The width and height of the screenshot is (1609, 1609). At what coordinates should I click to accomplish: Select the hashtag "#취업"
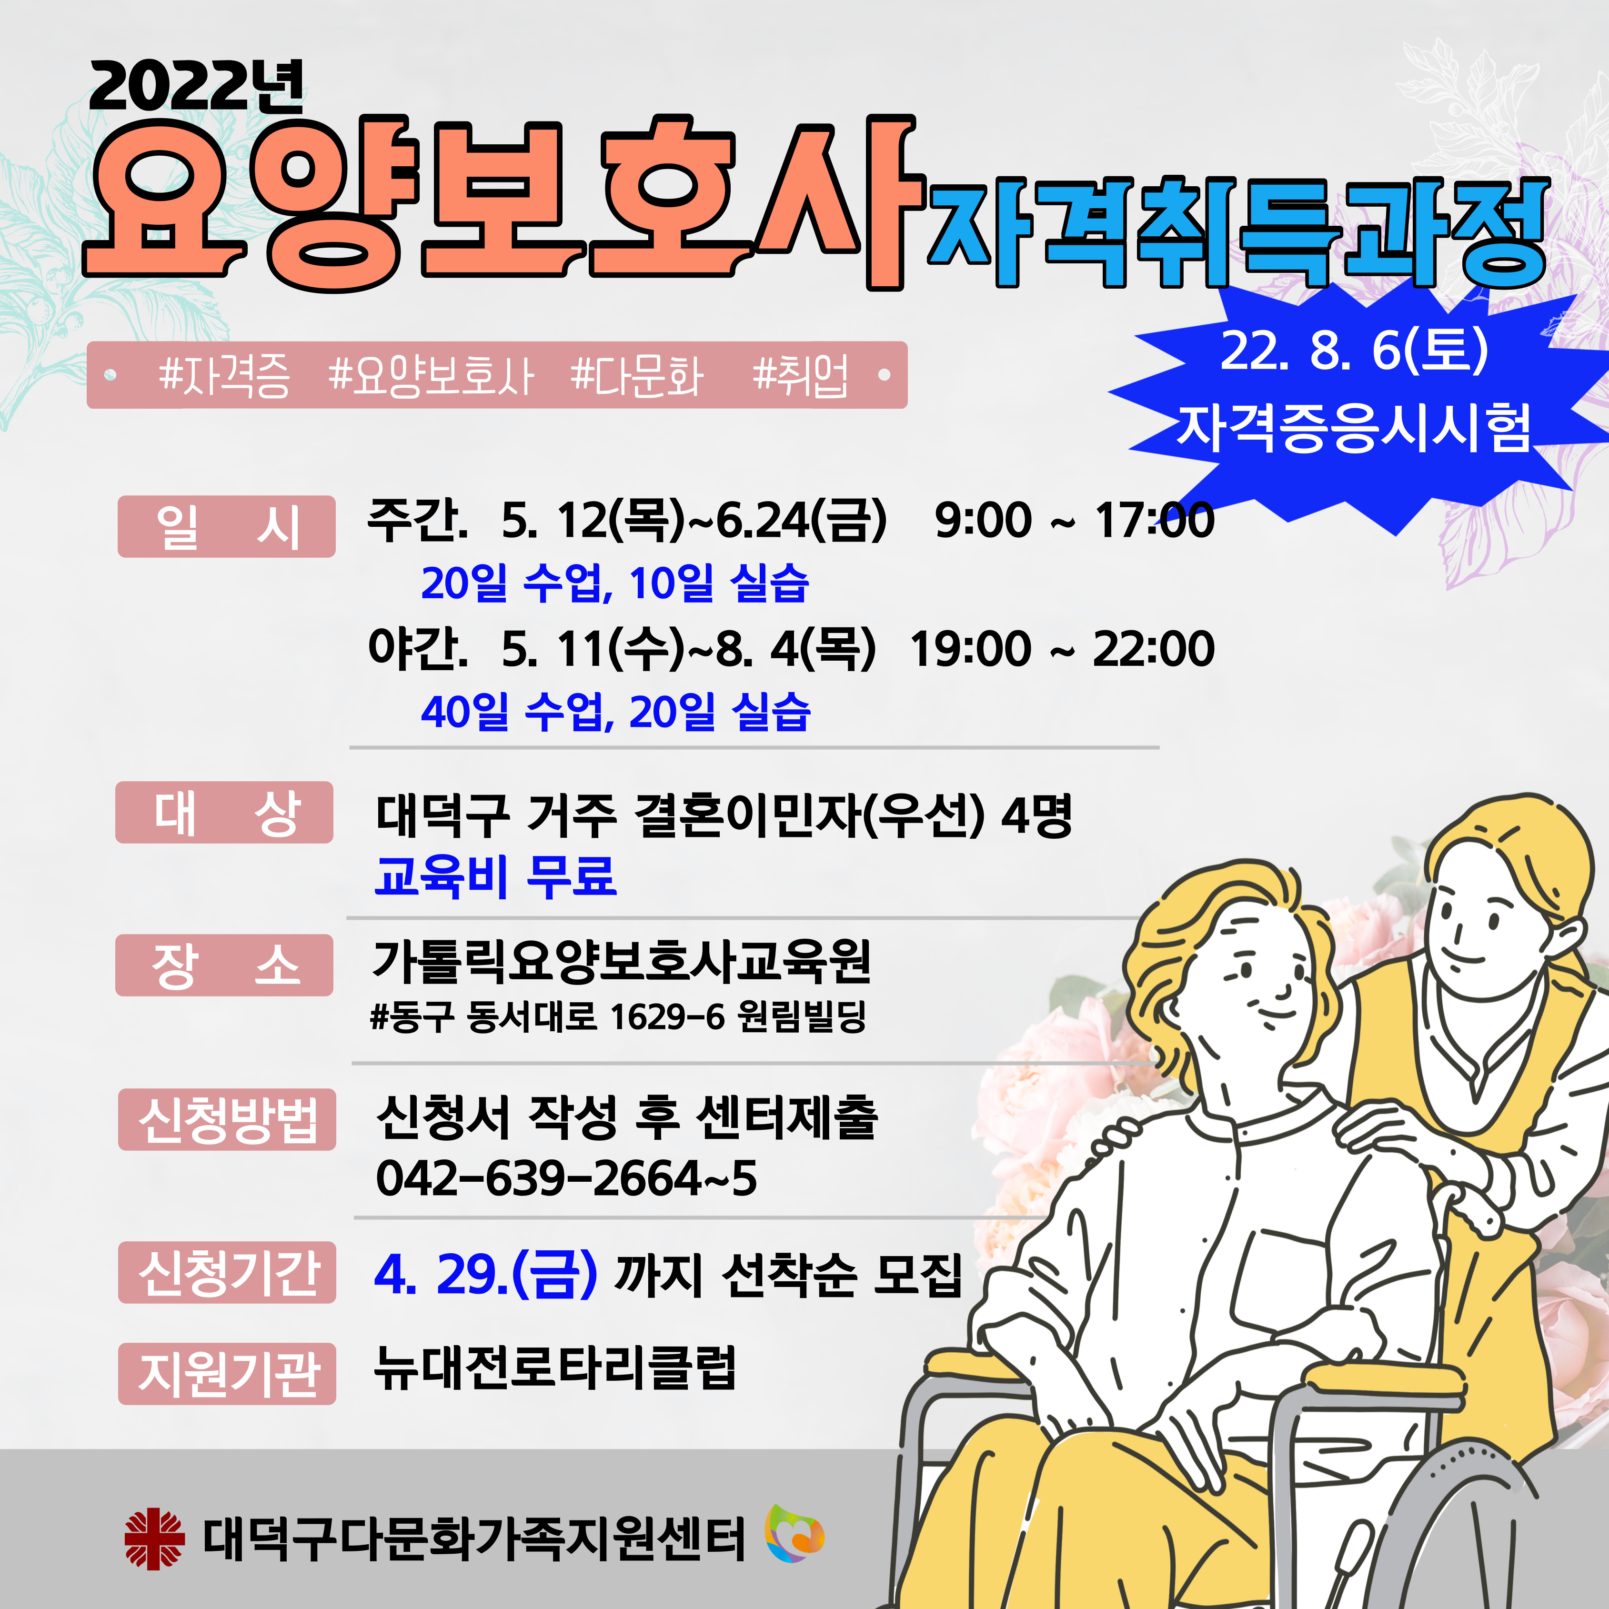tap(800, 376)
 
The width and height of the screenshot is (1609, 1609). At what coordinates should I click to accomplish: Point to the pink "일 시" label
tap(227, 526)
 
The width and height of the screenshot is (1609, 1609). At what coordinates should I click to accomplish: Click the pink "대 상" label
tap(225, 813)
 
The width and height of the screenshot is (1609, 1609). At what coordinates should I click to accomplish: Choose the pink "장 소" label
tap(225, 965)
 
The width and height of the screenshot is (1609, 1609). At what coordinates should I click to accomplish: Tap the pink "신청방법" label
tap(227, 1119)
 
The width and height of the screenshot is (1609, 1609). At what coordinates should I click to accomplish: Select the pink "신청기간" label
tap(227, 1273)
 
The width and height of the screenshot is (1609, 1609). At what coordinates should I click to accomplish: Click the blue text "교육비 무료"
tap(495, 876)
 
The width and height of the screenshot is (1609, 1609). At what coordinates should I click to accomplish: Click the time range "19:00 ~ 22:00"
tap(1062, 649)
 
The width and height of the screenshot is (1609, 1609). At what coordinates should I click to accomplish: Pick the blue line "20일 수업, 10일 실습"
tap(614, 583)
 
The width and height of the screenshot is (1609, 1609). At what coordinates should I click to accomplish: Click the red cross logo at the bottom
tap(154, 1539)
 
